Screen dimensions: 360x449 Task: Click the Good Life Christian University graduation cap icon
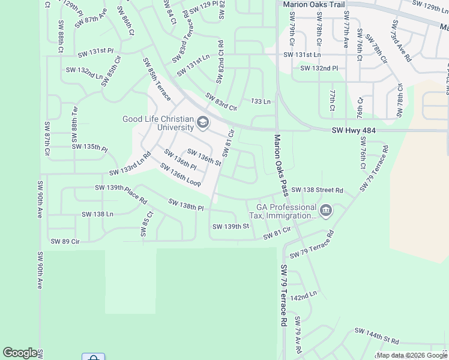click(x=203, y=124)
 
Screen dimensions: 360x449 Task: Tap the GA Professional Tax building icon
click(x=326, y=210)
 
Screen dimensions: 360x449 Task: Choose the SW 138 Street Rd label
click(x=317, y=191)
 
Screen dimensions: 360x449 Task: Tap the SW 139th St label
click(x=231, y=226)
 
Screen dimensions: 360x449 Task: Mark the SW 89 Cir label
click(x=66, y=241)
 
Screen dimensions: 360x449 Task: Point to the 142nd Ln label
click(x=303, y=295)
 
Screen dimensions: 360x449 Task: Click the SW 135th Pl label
click(x=89, y=147)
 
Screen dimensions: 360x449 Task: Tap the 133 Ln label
click(x=261, y=101)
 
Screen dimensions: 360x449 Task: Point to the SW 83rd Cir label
click(x=221, y=101)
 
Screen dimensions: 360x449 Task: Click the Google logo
click(x=20, y=353)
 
